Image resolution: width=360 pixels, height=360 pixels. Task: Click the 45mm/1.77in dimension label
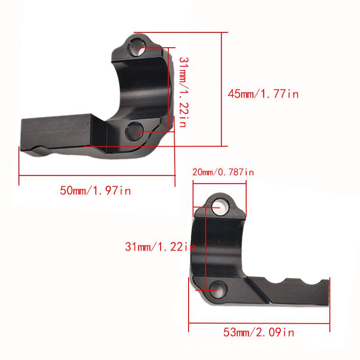coord(263,94)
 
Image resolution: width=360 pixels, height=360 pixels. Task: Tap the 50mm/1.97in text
coord(95,190)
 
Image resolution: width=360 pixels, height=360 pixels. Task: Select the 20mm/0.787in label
coord(223,172)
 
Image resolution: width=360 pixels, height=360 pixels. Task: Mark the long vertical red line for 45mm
coord(221,90)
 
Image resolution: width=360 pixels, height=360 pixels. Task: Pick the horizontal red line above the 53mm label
coord(259,322)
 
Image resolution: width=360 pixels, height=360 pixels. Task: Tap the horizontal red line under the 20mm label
coord(219,182)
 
